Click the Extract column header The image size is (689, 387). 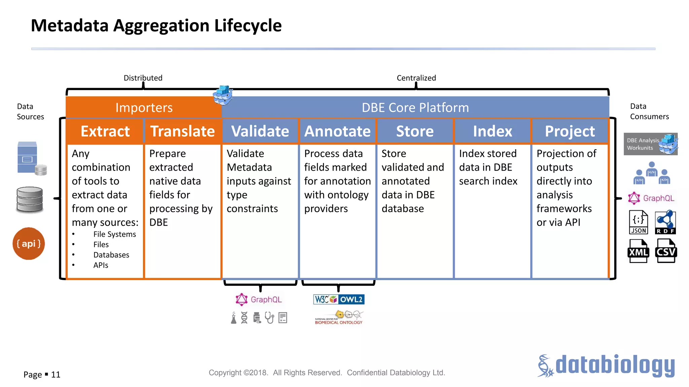105,131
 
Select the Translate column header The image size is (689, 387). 182,131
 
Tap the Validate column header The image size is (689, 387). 260,131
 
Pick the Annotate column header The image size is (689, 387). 337,131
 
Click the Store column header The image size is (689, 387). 415,131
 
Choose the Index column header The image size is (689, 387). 493,131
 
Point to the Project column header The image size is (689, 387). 570,131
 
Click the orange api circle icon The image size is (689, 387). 29,244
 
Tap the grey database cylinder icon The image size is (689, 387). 30,200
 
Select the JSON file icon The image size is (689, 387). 638,222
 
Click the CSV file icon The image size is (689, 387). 666,251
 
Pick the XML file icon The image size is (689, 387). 638,251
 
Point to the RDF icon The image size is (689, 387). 665,222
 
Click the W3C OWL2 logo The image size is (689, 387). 339,299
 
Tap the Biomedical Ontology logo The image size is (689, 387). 339,318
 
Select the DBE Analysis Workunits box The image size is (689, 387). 650,144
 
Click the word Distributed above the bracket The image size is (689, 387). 143,78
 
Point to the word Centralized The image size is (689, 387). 416,78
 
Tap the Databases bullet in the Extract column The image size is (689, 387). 111,255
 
